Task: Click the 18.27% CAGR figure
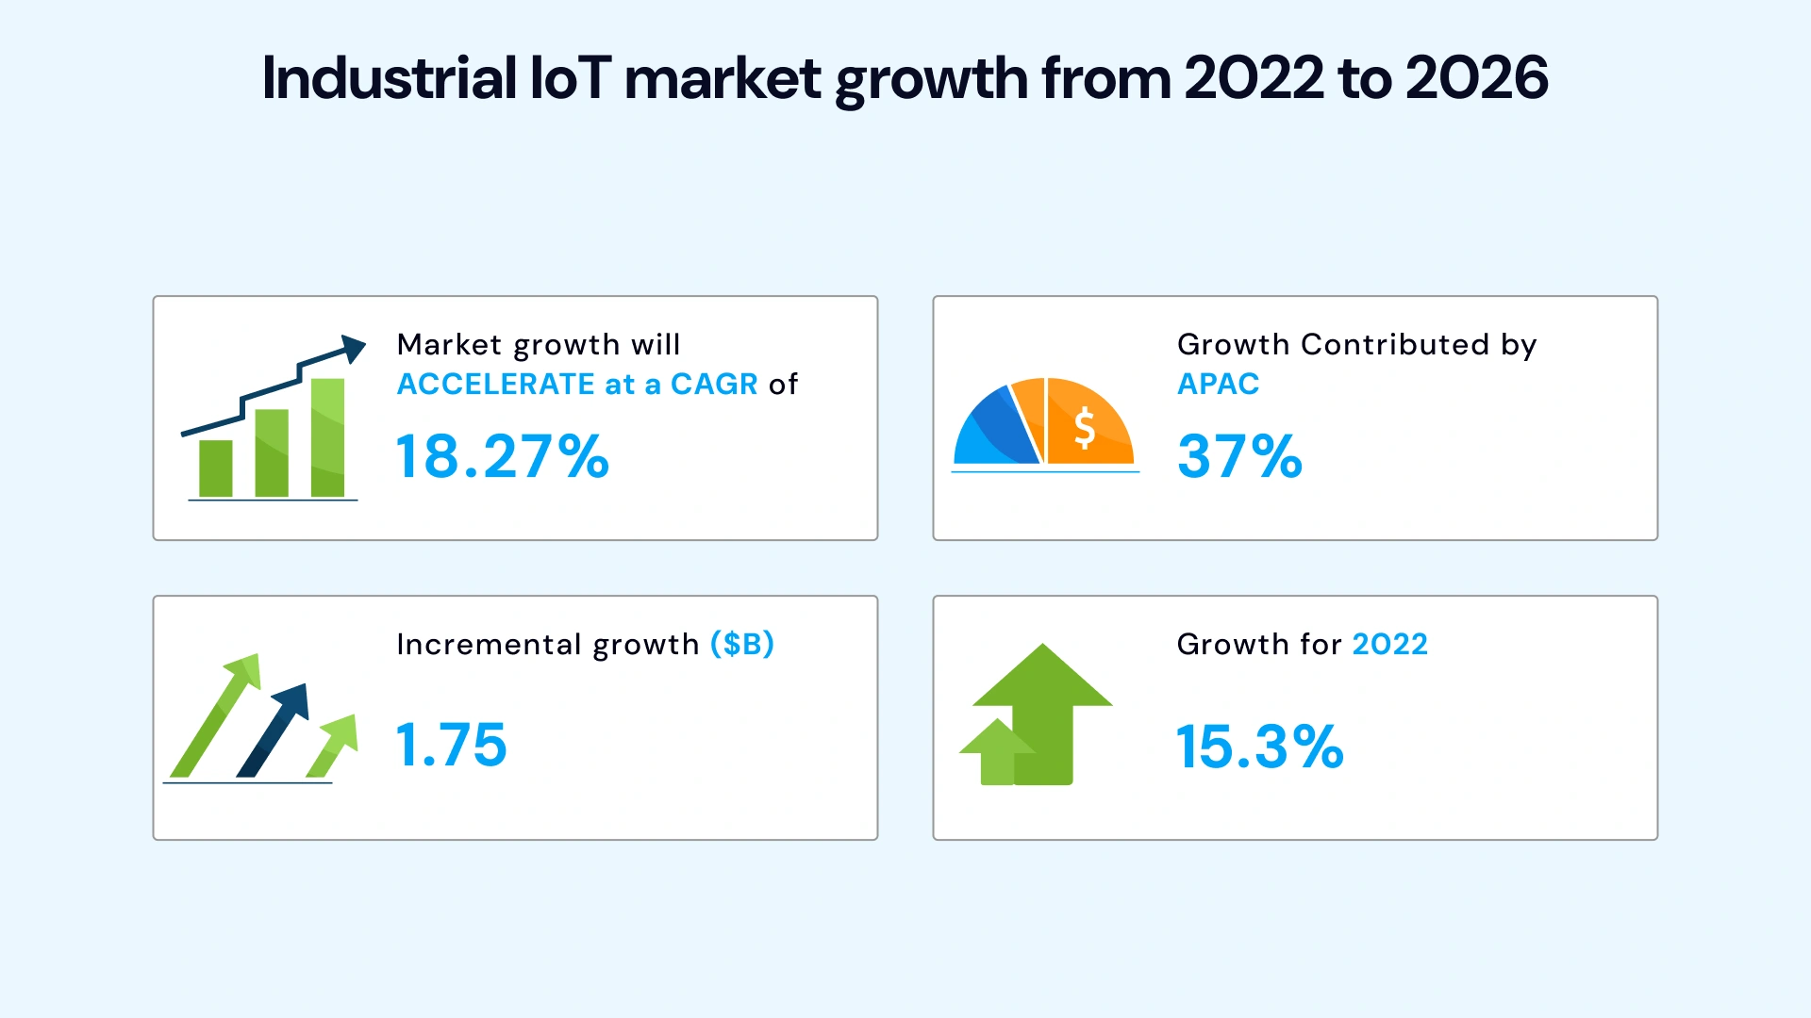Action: coord(502,457)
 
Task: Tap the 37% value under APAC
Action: coord(1239,457)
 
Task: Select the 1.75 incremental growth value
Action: coord(451,745)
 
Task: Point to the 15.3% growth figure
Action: coord(1259,747)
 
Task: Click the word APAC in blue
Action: coord(1218,385)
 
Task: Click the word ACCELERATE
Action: coord(495,385)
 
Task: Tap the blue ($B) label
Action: coord(741,644)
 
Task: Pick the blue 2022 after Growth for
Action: coord(1389,644)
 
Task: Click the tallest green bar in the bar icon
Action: coord(327,438)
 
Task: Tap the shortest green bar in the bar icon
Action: coord(216,468)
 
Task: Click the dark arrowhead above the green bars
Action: coord(353,348)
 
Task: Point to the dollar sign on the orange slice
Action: coord(1085,427)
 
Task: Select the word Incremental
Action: coord(488,644)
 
